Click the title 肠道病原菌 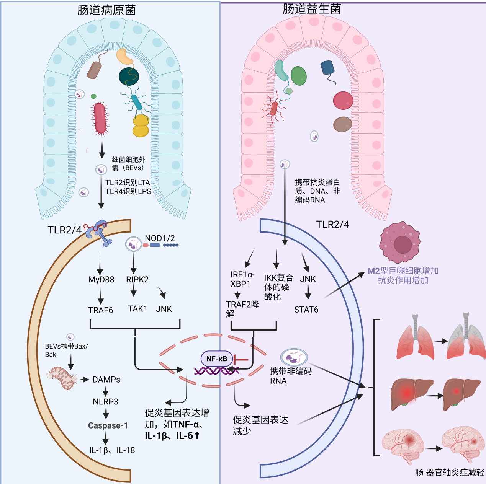click(106, 10)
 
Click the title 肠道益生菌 click(312, 9)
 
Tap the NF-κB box click(217, 359)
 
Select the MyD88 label click(101, 280)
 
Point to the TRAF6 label click(101, 310)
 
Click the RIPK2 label click(137, 280)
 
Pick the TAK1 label click(137, 309)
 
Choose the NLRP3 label click(105, 402)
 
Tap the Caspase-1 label click(108, 425)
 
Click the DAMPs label click(106, 380)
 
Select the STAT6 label click(306, 310)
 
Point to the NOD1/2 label click(160, 238)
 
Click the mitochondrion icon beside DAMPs click(62, 378)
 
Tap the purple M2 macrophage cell click(400, 242)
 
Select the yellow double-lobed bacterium click(141, 125)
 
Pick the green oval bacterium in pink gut click(298, 75)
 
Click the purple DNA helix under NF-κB click(217, 370)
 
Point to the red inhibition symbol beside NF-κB click(241, 359)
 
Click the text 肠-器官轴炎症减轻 click(450, 473)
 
